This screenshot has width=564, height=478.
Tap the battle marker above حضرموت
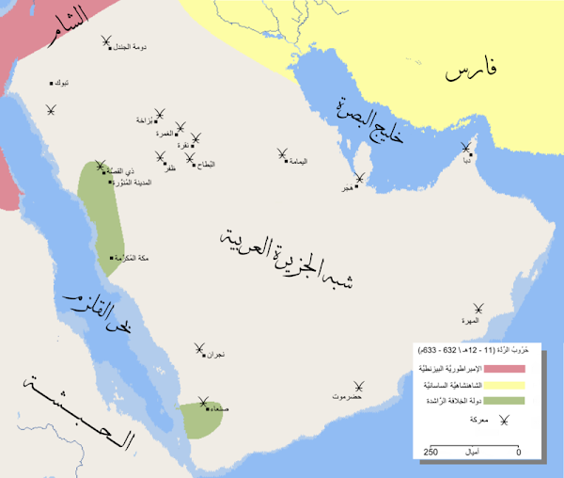pyautogui.click(x=357, y=385)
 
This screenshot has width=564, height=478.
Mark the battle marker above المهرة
pyautogui.click(x=480, y=308)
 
